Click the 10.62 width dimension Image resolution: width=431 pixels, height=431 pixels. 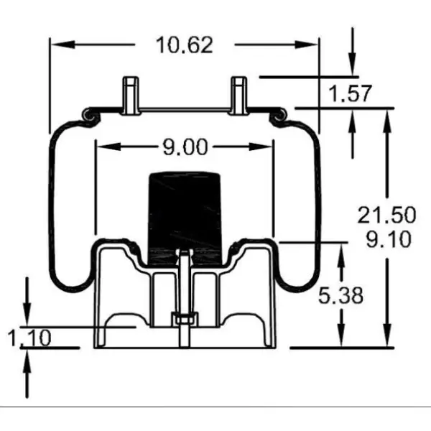(185, 45)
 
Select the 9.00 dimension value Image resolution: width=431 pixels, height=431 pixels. (185, 147)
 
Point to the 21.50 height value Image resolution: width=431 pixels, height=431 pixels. (386, 215)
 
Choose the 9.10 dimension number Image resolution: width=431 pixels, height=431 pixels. (388, 238)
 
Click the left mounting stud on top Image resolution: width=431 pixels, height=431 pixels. (130, 94)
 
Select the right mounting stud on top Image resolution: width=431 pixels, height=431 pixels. (240, 94)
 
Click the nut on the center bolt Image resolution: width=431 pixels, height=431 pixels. (185, 318)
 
